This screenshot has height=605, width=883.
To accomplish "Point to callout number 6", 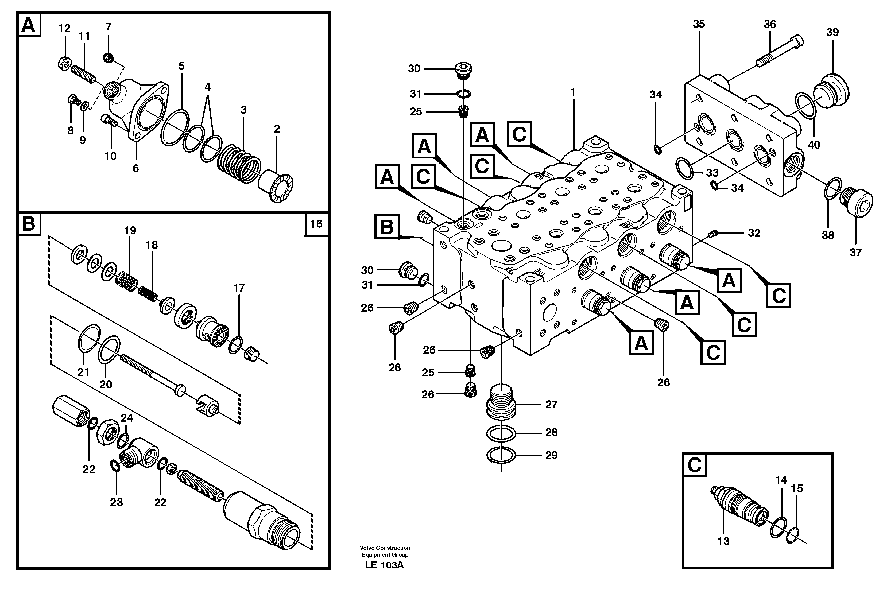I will (x=136, y=169).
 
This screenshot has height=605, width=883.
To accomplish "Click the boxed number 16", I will (x=316, y=224).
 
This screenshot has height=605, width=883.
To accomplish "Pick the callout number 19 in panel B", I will (x=130, y=230).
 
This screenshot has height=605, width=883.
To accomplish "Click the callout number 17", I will (x=239, y=288).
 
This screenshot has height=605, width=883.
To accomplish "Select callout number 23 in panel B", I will (x=116, y=502).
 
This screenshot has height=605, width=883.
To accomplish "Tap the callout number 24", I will (x=127, y=418).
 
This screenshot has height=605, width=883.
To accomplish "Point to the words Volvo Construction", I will (x=385, y=548).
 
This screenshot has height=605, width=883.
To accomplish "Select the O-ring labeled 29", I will (x=501, y=455).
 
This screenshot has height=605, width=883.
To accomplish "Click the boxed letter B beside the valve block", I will (x=387, y=227).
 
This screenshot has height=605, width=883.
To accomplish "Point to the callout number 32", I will (x=754, y=233).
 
